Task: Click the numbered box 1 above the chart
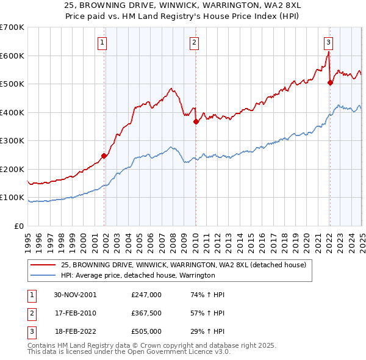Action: click(102, 43)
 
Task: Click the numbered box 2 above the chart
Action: click(193, 43)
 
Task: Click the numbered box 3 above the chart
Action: click(328, 43)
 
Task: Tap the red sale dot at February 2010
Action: click(196, 121)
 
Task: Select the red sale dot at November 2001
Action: click(104, 156)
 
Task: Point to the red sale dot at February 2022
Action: click(330, 82)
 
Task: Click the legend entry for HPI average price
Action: click(137, 275)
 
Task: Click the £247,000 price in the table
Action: click(146, 295)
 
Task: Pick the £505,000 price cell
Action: click(146, 331)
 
